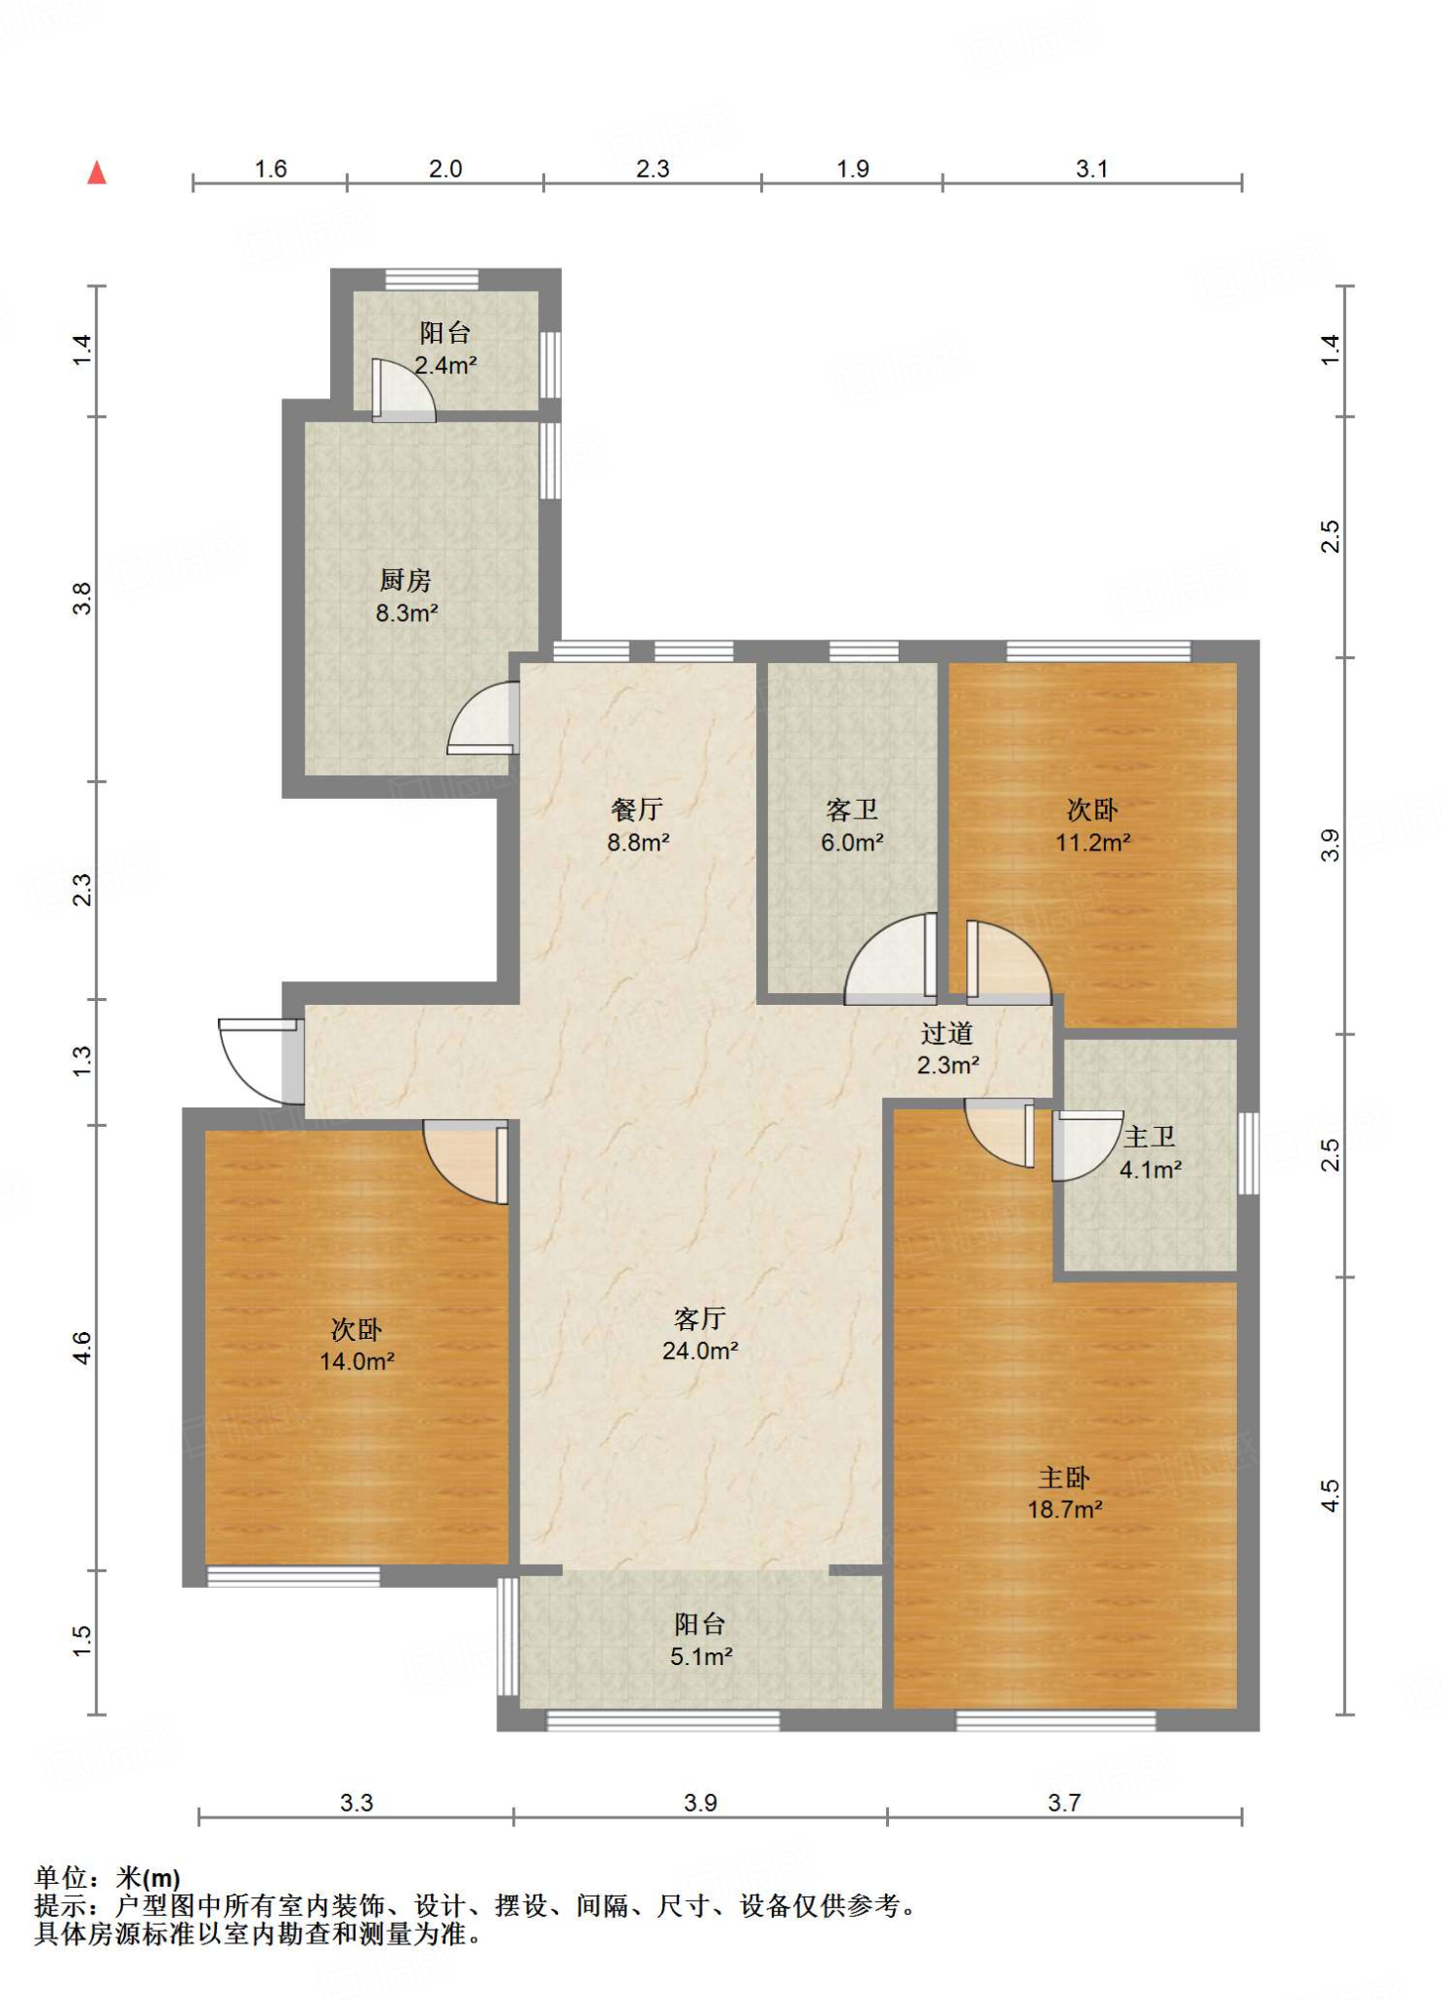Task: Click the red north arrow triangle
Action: click(96, 173)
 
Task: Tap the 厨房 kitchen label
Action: click(405, 580)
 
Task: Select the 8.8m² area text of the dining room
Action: click(638, 842)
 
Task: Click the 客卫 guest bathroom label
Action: click(852, 810)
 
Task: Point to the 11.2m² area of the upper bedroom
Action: click(1093, 842)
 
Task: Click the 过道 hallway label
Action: click(947, 1032)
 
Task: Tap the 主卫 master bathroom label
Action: click(1149, 1137)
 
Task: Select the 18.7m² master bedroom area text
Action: click(1065, 1509)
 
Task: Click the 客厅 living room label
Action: click(700, 1318)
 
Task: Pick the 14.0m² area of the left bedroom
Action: click(357, 1360)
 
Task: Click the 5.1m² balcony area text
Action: click(701, 1656)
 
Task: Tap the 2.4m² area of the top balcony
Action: click(445, 365)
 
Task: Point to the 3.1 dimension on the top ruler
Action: click(1092, 169)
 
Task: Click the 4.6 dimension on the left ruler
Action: click(82, 1348)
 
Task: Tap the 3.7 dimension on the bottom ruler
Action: click(1064, 1803)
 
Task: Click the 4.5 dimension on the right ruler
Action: click(1331, 1495)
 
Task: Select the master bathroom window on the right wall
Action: click(1249, 1153)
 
